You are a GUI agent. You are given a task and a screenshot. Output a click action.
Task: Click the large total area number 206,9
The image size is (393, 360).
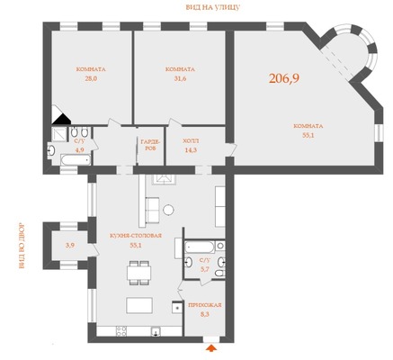[x=284, y=78]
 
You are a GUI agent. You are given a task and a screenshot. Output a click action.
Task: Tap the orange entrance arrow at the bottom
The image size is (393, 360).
[x=211, y=348]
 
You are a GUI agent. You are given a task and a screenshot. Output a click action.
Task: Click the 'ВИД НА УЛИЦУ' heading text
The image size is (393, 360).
[x=213, y=8]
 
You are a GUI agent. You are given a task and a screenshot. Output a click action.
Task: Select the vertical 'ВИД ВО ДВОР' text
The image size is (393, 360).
[x=22, y=246]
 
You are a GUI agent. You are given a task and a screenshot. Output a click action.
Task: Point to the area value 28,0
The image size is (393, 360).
[x=91, y=79]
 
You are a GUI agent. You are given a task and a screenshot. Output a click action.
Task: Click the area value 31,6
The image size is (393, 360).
[x=180, y=79]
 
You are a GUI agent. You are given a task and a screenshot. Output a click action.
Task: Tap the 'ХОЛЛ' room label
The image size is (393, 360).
[x=191, y=140]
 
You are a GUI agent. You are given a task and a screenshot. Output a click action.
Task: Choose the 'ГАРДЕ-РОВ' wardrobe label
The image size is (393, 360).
[x=150, y=145]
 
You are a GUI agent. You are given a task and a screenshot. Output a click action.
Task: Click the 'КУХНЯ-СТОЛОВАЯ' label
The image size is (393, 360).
[x=136, y=236]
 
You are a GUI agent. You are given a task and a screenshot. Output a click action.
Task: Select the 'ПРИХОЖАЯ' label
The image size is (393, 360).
[x=205, y=305]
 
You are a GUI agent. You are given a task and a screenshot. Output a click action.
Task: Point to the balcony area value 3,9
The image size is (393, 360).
[x=70, y=246]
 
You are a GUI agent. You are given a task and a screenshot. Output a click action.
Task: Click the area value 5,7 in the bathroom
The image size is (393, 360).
[x=205, y=269]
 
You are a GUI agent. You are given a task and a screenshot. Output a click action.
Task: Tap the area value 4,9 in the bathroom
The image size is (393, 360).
[x=80, y=150]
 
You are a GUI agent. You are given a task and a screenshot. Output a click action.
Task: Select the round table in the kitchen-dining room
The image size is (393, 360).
[x=168, y=210]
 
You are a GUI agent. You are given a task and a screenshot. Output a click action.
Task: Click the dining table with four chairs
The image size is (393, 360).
[x=138, y=273]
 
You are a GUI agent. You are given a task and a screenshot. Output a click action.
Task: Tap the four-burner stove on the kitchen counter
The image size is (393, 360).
[x=121, y=331]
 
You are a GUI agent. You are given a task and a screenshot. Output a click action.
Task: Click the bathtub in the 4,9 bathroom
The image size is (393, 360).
[x=76, y=159]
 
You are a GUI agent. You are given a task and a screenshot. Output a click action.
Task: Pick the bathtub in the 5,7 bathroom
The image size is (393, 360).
[x=200, y=247]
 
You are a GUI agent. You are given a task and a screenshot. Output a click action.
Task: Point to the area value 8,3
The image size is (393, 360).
[x=204, y=315]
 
